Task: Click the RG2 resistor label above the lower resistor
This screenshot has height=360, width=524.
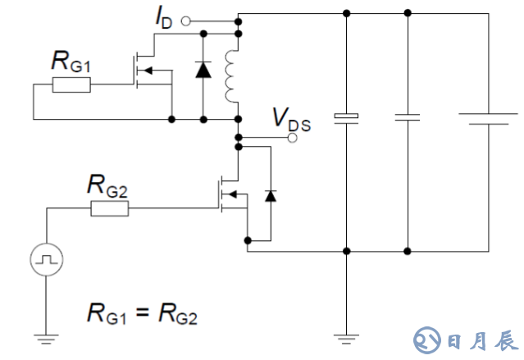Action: (x=107, y=188)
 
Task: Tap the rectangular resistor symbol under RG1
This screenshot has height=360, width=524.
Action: (x=71, y=83)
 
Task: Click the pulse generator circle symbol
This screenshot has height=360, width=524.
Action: (x=45, y=262)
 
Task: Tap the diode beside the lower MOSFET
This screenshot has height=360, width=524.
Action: (x=271, y=195)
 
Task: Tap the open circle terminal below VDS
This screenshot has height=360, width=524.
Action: (x=291, y=139)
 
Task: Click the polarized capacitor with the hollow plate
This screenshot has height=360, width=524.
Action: (x=348, y=116)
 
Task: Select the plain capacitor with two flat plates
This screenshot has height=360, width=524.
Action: (x=408, y=116)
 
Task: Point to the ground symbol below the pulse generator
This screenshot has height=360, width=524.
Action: (x=45, y=335)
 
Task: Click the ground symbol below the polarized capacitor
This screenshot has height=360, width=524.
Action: (x=348, y=335)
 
